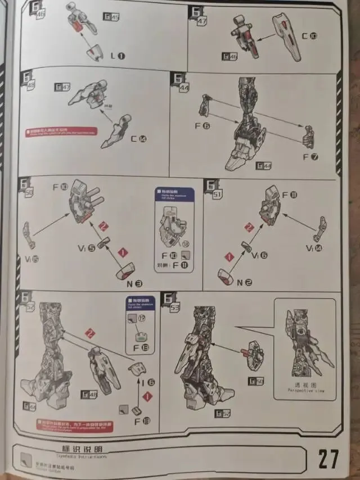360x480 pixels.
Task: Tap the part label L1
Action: click(x=118, y=55)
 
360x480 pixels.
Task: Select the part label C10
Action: click(x=309, y=36)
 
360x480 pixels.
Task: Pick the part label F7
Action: click(x=310, y=156)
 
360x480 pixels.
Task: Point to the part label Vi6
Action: click(x=259, y=255)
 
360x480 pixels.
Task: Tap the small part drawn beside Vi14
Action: click(x=321, y=229)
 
